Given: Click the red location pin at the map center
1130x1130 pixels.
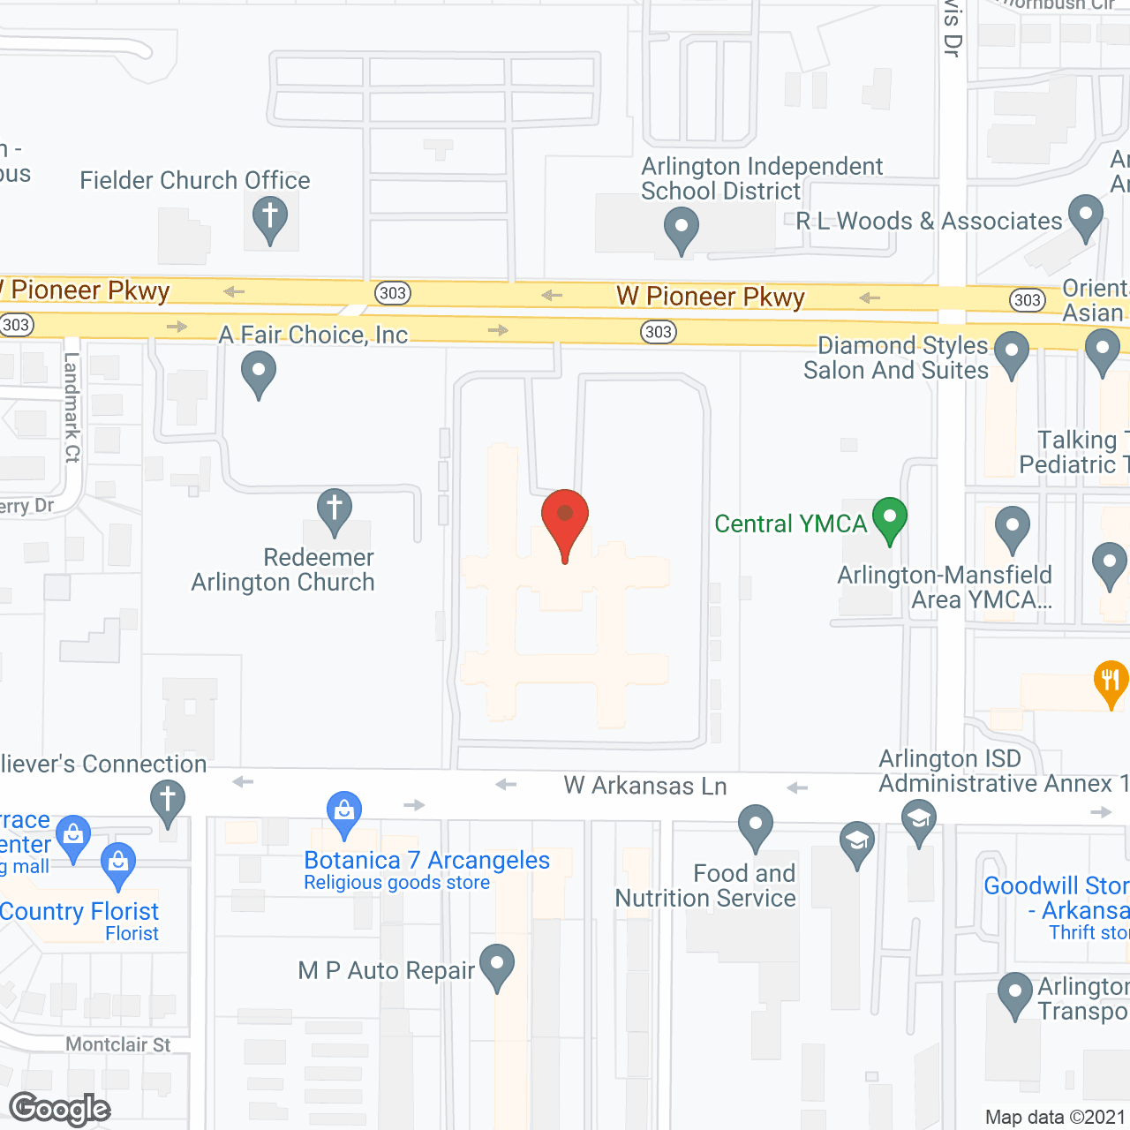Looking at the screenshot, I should [565, 521].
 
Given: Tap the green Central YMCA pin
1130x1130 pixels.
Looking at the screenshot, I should [890, 519].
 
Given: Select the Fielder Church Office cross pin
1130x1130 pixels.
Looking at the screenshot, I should [270, 219].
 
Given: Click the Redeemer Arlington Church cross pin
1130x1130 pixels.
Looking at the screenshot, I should [335, 511].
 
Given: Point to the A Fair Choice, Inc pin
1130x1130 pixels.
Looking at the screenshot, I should [259, 373].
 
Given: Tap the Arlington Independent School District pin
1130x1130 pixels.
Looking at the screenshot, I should [682, 229].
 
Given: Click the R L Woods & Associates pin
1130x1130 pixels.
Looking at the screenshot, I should [1086, 217].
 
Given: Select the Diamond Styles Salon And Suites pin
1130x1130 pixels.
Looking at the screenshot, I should [1012, 354].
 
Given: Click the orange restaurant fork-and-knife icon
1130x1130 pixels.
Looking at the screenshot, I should [1111, 682].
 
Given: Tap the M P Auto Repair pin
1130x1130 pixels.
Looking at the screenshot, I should [497, 966].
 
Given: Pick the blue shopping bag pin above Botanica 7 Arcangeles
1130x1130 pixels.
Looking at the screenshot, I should [344, 813].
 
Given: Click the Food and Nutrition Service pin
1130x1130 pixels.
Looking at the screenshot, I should [756, 826].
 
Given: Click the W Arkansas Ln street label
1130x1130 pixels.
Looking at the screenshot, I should [645, 786].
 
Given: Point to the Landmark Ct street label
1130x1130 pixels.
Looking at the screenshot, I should [72, 407].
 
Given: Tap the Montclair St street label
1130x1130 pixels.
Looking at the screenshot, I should [118, 1045].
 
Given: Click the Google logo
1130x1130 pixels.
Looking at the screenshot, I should [60, 1109].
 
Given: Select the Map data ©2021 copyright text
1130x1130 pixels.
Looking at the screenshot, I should [1056, 1118].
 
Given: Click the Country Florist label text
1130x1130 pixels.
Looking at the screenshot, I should [79, 911].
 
